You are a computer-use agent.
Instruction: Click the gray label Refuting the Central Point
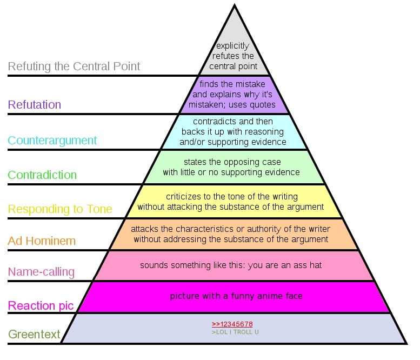[74, 66]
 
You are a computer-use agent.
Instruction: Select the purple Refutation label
[35, 104]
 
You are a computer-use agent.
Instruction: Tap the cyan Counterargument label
[52, 141]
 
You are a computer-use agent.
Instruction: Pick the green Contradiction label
[42, 175]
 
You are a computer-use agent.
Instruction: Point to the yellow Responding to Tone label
[60, 209]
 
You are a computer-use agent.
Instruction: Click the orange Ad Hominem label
[42, 241]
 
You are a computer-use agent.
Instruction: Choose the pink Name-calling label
[41, 272]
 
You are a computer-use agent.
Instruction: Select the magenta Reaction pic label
[41, 305]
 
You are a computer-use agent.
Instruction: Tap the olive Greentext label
[34, 334]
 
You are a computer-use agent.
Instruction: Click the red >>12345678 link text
[232, 324]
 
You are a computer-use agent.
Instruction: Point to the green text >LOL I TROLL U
[235, 332]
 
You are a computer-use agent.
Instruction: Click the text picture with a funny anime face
[236, 296]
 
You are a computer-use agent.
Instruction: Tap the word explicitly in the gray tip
[233, 46]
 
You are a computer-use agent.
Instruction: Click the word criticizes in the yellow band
[183, 197]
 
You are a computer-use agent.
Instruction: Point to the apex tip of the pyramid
[235, 4]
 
